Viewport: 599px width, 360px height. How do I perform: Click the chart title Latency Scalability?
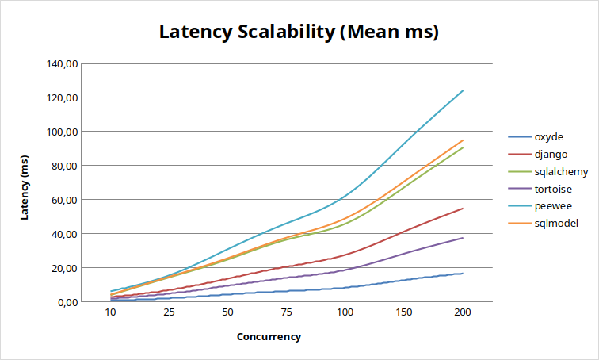coord(299,33)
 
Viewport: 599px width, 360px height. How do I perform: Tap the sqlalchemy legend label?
coord(560,171)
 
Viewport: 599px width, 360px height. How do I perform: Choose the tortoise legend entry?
coord(553,189)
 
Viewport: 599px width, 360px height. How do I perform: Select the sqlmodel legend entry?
coord(555,224)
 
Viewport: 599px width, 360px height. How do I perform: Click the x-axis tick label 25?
coord(170,313)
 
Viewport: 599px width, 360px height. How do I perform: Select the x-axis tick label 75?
coord(287,313)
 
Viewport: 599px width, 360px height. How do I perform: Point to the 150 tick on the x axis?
coord(404,313)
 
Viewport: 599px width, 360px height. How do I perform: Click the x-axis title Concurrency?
coord(269,336)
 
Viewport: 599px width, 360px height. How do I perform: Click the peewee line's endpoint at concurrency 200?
coord(463,90)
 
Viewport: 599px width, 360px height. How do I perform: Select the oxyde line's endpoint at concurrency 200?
coord(463,274)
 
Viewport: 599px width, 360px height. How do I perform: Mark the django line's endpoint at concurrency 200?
coord(463,209)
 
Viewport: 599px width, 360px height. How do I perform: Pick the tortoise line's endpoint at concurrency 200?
coord(463,238)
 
